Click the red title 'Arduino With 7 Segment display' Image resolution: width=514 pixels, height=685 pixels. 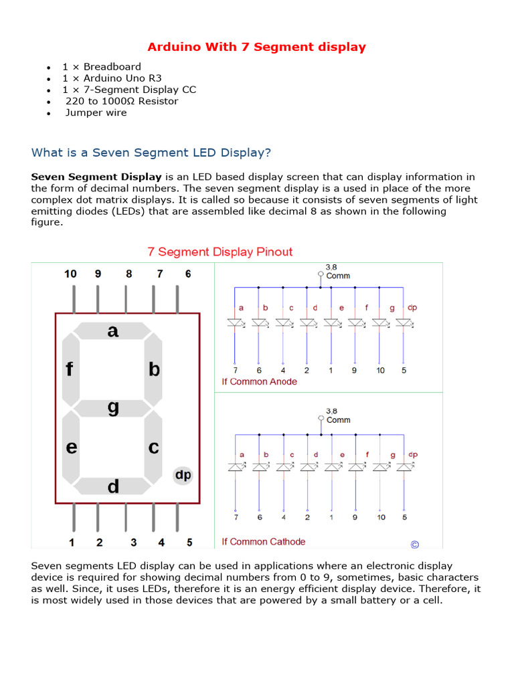point(256,47)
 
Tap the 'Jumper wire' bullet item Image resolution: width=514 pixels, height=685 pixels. point(96,112)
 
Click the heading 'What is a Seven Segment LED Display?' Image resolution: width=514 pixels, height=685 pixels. point(151,153)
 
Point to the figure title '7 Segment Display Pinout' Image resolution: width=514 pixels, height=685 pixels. point(220,252)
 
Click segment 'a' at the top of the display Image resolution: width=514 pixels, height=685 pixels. point(112,330)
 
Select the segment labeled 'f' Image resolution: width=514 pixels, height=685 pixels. point(70,369)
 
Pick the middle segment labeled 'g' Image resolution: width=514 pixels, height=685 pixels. point(112,408)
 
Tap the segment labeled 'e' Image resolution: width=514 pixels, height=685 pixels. point(71,447)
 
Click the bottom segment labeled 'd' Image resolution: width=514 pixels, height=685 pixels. point(112,486)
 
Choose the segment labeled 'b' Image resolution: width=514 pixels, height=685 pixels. point(154,369)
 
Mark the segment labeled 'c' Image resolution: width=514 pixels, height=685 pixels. point(154,447)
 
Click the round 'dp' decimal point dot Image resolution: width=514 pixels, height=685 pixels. point(183,475)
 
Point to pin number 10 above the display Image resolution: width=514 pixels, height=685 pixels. point(70,274)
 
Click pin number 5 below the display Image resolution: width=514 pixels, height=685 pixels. point(189,542)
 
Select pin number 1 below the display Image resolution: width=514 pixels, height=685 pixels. point(71,542)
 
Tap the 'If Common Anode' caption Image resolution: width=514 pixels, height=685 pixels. point(259,381)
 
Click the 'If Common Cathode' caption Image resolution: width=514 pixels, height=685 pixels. point(263,541)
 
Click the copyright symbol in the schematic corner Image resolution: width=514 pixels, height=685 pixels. point(414,544)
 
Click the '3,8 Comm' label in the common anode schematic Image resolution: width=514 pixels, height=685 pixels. point(337,272)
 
